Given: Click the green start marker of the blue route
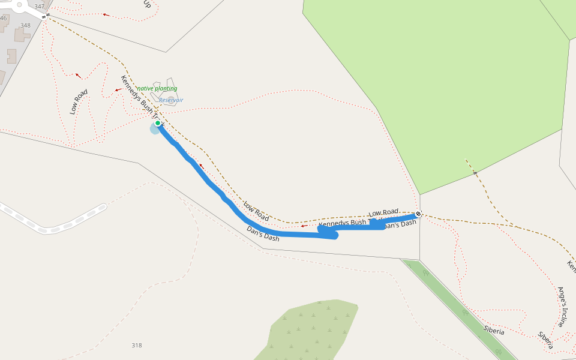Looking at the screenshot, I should [x=158, y=123].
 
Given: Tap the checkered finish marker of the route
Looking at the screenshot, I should [x=418, y=214].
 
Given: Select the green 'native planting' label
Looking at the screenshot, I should [x=157, y=89].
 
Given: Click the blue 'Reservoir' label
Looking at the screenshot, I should [x=171, y=100].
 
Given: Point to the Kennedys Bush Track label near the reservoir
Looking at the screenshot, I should [x=141, y=98].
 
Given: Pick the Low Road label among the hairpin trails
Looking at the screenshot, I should [x=79, y=101].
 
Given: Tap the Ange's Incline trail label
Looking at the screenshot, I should [x=562, y=307].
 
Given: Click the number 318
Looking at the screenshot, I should [x=137, y=345].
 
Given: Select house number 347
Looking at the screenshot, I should [x=40, y=7].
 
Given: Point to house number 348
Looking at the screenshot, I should [x=25, y=25].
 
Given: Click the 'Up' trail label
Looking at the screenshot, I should [x=146, y=4].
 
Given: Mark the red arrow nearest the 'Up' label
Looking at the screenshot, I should [x=106, y=14].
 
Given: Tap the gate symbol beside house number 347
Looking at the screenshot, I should [x=44, y=16].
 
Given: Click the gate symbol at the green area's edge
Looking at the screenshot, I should [x=474, y=173].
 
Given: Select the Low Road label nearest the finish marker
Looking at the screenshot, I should [x=383, y=212].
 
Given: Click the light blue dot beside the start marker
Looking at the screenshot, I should [x=154, y=129].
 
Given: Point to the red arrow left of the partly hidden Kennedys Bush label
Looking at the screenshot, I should [x=305, y=226].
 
